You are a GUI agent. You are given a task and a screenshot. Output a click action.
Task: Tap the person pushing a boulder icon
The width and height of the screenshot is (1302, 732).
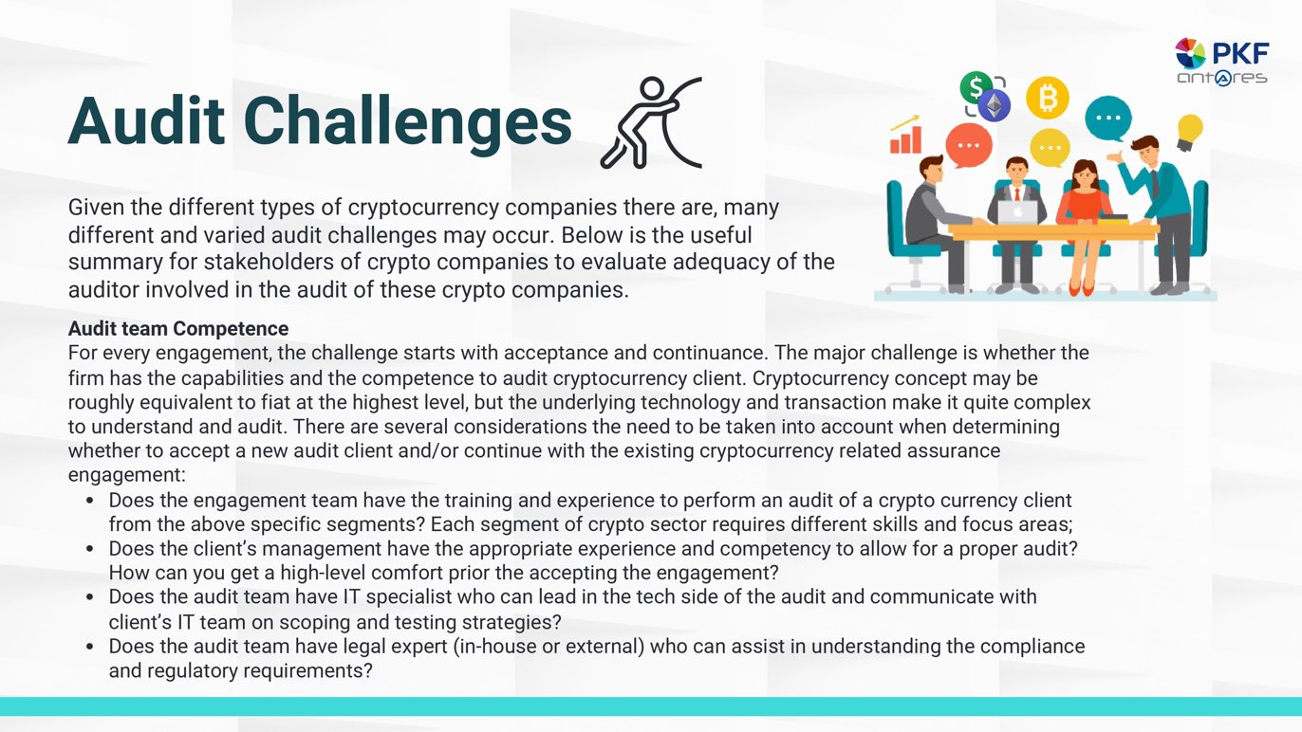coord(651,123)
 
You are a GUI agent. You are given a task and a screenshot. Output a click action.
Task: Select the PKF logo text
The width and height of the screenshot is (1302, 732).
coord(1241,54)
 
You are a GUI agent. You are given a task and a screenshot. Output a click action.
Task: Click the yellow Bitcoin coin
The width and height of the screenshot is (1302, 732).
coord(1048,98)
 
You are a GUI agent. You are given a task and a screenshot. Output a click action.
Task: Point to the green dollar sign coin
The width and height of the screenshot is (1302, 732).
coord(976,87)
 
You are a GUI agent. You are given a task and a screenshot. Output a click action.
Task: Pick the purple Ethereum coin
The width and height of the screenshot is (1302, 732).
coord(994,106)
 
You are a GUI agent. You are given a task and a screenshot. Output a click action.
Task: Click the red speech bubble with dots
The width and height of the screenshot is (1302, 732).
coord(968,145)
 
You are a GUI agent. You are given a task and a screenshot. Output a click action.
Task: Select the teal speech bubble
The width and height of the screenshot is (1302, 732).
coord(1108,119)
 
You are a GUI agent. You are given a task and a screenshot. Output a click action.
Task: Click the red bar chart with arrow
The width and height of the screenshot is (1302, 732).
coord(905,135)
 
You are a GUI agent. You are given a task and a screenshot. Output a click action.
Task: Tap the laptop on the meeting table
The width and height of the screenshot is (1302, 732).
coord(1017,212)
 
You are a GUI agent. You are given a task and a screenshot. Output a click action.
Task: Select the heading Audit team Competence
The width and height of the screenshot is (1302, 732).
coord(178,328)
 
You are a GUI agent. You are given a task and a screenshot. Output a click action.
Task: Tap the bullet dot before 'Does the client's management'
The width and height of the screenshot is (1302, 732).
coord(89,548)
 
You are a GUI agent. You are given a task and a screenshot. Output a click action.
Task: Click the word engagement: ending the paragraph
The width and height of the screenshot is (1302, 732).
coord(127,475)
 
